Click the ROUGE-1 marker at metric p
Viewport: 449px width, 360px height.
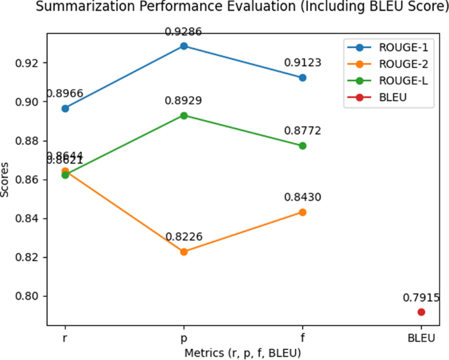(184, 46)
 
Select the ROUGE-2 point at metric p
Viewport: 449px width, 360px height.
(184, 252)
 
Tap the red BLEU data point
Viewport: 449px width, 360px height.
(421, 312)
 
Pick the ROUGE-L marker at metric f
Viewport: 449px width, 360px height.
(302, 146)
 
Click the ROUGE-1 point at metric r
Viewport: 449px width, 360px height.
(65, 108)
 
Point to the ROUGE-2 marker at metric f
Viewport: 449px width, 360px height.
(302, 212)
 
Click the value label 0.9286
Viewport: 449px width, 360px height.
(184, 31)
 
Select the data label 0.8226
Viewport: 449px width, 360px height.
(184, 237)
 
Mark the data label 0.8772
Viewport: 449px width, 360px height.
(302, 130)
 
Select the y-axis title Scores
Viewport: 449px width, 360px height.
(6, 181)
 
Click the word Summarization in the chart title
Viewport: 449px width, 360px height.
(72, 7)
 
